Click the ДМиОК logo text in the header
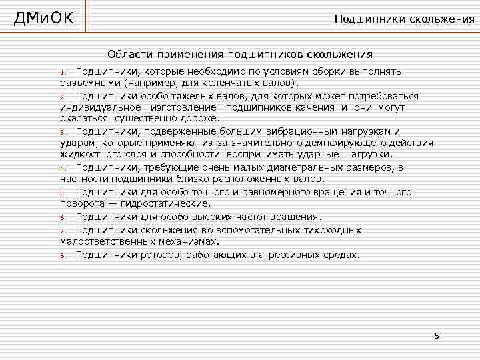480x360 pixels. tap(44, 17)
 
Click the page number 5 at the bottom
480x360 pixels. tap(437, 335)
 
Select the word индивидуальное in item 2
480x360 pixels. tap(100, 107)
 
